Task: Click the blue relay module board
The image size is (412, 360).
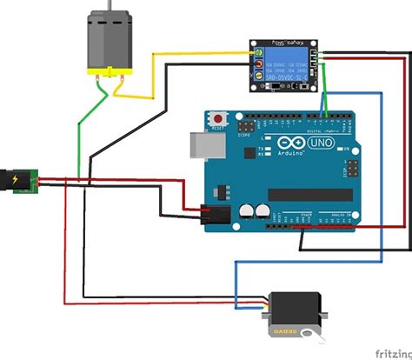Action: click(282, 65)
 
